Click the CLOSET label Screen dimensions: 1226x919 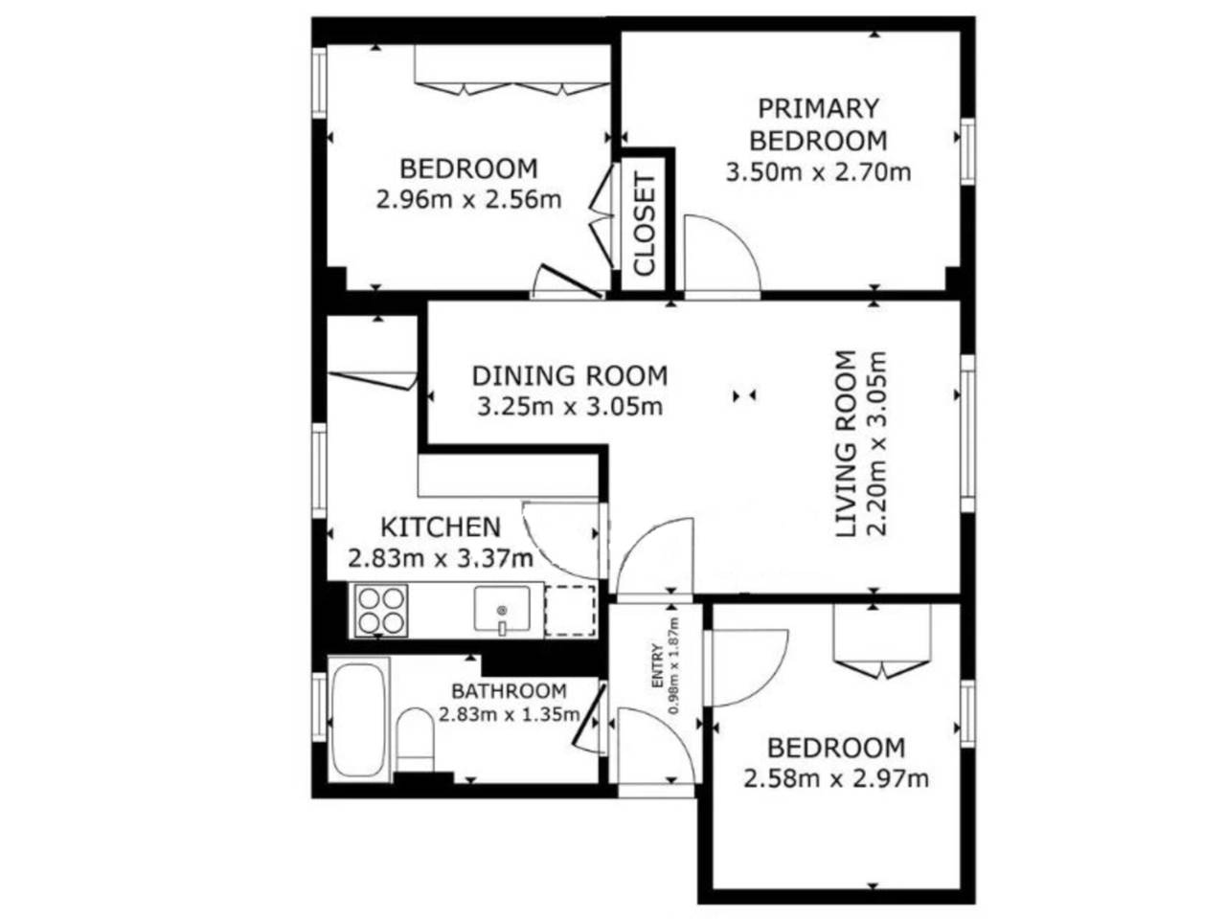click(645, 224)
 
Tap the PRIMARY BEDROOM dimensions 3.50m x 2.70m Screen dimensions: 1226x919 click(818, 172)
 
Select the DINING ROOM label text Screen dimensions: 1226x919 click(570, 375)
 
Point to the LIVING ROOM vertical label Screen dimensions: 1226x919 click(846, 443)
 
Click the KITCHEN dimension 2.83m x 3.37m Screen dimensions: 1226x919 click(441, 558)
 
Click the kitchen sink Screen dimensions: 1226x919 click(502, 610)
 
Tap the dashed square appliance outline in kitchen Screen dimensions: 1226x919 click(569, 611)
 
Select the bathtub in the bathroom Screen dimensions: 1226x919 click(358, 720)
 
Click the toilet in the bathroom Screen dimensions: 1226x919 click(415, 740)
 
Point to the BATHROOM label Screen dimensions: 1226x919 click(509, 691)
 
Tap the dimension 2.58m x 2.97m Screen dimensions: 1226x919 click(835, 779)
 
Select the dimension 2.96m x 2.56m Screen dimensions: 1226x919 click(468, 200)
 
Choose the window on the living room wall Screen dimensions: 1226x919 click(967, 433)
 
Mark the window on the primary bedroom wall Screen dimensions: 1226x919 click(967, 150)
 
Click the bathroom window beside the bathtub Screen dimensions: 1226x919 click(319, 707)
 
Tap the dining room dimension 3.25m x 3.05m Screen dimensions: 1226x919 click(570, 407)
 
